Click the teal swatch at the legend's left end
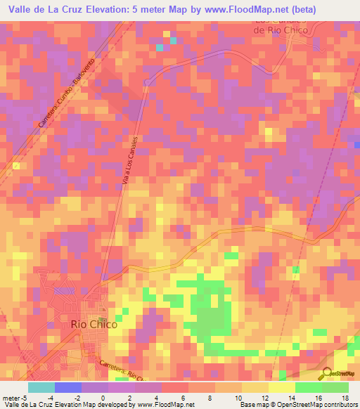click(x=41, y=387)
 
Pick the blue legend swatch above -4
click(x=68, y=387)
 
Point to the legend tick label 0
click(x=103, y=398)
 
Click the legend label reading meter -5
click(x=15, y=398)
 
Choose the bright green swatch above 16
click(x=309, y=387)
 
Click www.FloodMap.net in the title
click(x=237, y=9)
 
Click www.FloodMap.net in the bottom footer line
click(x=164, y=405)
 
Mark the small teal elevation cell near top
click(x=160, y=47)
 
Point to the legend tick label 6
click(x=182, y=398)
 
